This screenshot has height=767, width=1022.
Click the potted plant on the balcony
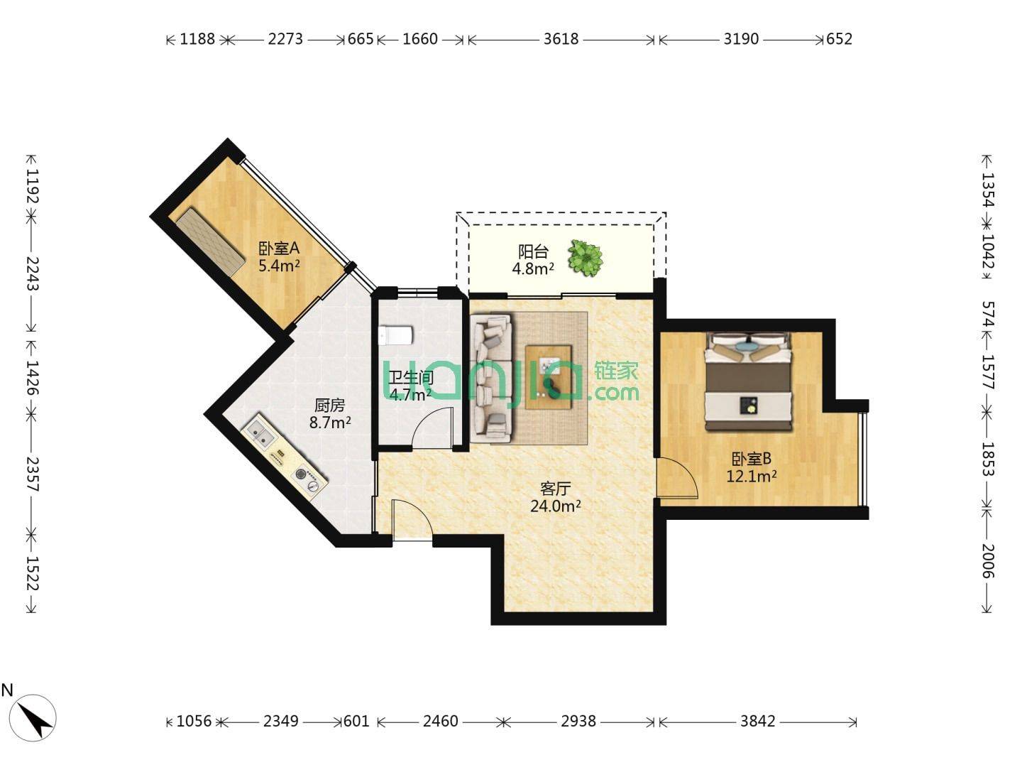pos(586,258)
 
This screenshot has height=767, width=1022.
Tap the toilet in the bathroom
pos(395,335)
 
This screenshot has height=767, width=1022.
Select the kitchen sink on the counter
pos(259,435)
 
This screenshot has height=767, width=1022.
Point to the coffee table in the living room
pos(548,377)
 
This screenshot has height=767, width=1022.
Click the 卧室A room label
pos(279,249)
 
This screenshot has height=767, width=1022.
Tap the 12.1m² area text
pos(751,476)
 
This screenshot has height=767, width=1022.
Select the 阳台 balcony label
pos(533,251)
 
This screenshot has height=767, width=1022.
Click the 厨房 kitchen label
pos(329,405)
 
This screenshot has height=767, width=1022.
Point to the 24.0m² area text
pos(555,506)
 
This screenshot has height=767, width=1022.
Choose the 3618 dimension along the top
pos(561,38)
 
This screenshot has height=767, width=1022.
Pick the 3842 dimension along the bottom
pos(757,721)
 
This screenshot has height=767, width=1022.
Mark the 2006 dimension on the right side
pos(988,561)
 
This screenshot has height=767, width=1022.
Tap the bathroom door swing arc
pos(432,427)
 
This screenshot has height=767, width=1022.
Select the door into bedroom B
pos(678,477)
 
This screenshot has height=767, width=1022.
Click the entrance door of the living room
pos(412,520)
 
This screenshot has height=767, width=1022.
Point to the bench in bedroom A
pos(210,242)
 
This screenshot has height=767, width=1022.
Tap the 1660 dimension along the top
pos(420,38)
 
